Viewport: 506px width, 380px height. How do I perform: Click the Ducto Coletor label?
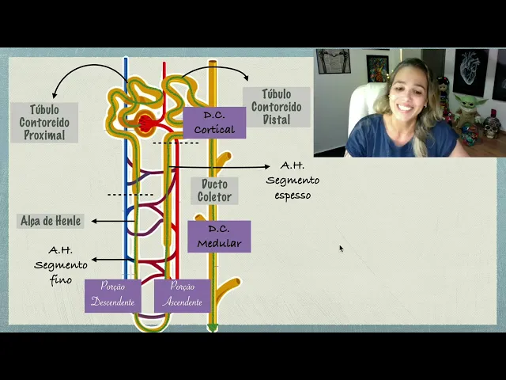214,191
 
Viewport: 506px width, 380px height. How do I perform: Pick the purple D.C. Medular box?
219,237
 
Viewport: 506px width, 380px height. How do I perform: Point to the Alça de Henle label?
51,221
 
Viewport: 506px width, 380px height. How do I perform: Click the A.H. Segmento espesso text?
293,180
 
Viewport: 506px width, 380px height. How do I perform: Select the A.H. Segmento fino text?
61,264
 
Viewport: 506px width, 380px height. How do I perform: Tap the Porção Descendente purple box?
112,294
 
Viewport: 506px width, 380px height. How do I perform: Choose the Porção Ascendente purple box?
183,294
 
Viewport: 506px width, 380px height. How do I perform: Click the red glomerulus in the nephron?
146,123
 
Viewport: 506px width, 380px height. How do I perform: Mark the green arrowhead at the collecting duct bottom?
213,326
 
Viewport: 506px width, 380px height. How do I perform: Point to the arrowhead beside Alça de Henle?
94,221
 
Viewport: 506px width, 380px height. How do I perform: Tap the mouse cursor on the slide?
342,249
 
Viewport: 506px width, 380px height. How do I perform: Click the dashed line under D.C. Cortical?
176,143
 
